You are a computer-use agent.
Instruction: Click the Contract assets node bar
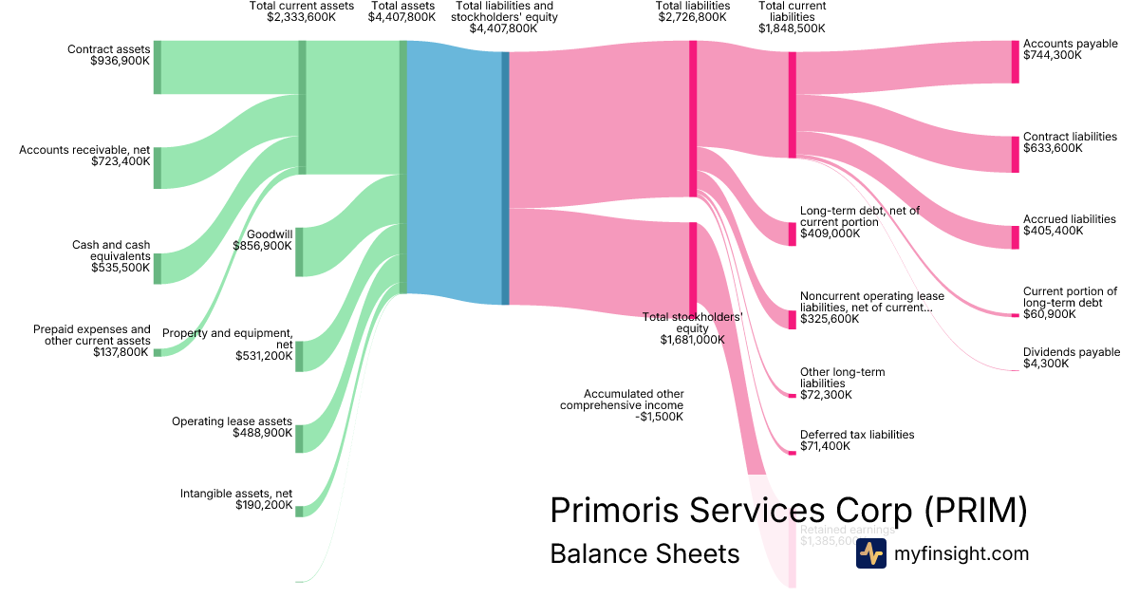tap(158, 67)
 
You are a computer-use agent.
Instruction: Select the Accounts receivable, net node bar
tap(158, 168)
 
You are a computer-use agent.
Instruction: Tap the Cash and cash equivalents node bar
tap(158, 269)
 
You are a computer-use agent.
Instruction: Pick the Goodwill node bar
tap(299, 252)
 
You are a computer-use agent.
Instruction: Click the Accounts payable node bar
tap(1015, 62)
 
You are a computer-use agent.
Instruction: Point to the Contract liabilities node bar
tap(1015, 155)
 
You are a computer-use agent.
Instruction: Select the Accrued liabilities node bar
tap(1015, 237)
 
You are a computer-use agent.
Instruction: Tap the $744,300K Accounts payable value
tap(1052, 55)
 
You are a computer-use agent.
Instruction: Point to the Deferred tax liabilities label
tap(857, 434)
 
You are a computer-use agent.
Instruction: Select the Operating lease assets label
tap(232, 420)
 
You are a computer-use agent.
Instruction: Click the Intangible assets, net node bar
tap(299, 512)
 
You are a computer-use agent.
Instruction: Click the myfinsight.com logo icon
tap(870, 553)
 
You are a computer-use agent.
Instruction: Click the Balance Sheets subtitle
tap(644, 554)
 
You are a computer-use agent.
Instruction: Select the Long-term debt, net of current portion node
tap(793, 234)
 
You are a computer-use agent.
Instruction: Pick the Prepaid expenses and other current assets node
tap(158, 352)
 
